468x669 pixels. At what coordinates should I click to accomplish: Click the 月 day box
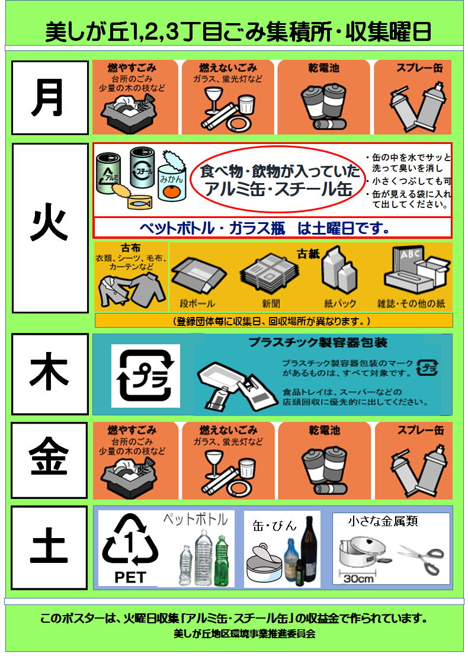50,98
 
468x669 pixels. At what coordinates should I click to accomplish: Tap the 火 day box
50,228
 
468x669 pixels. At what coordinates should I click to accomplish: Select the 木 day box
50,374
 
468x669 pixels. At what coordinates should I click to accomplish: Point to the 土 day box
49,548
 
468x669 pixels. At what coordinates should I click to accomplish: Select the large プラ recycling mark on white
146,376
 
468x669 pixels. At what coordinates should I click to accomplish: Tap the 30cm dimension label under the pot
358,578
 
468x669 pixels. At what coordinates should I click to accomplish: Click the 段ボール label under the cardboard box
197,303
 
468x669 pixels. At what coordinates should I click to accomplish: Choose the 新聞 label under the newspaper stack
271,303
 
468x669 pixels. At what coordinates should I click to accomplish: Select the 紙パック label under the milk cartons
340,303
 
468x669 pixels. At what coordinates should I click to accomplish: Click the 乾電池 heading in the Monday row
324,68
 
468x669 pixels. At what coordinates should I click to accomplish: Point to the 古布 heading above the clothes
130,248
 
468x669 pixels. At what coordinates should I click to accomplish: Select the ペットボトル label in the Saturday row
196,519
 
